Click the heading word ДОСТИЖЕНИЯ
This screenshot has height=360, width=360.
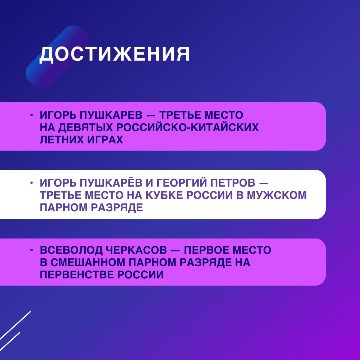tap(115, 54)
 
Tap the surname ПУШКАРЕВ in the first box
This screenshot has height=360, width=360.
tap(111, 115)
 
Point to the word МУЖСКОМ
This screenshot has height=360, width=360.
tap(277, 195)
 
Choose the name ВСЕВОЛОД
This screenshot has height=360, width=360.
tap(71, 250)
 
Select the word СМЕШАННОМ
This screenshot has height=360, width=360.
tap(88, 262)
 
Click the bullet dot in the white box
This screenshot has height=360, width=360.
tap(31, 183)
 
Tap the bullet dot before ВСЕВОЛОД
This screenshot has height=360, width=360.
tap(31, 250)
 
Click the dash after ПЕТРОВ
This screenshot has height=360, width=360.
tap(264, 183)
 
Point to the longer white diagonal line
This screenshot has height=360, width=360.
tap(15, 326)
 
